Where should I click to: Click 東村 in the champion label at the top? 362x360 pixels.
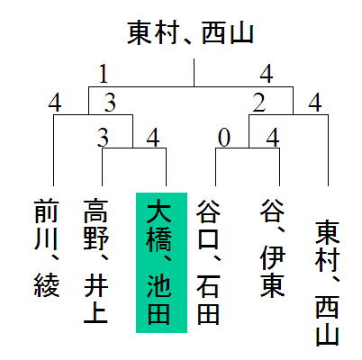[x=153, y=33]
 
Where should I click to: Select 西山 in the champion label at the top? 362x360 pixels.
[x=227, y=33]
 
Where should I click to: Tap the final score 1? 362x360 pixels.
[x=104, y=74]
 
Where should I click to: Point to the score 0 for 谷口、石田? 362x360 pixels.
[x=224, y=138]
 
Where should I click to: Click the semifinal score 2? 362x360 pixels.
[x=259, y=103]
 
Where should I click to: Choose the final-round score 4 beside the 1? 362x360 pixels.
[x=267, y=74]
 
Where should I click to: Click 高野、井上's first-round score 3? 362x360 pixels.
[x=103, y=138]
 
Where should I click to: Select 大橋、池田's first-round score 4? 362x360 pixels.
[x=153, y=138]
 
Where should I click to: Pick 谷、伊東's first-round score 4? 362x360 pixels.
[x=273, y=138]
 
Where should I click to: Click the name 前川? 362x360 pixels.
[x=46, y=225]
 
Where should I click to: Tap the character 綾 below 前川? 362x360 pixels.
[x=46, y=285]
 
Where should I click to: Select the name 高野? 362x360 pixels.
[x=95, y=225]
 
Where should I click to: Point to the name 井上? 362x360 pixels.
[x=95, y=300]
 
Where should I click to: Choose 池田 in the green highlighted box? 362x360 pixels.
[x=158, y=300]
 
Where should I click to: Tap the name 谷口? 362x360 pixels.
[x=208, y=225]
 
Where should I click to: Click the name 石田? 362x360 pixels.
[x=208, y=300]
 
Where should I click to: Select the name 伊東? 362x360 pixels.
[x=273, y=273]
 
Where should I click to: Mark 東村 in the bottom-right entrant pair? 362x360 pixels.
[x=327, y=246]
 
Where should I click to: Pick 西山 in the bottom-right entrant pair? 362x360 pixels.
[x=327, y=320]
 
